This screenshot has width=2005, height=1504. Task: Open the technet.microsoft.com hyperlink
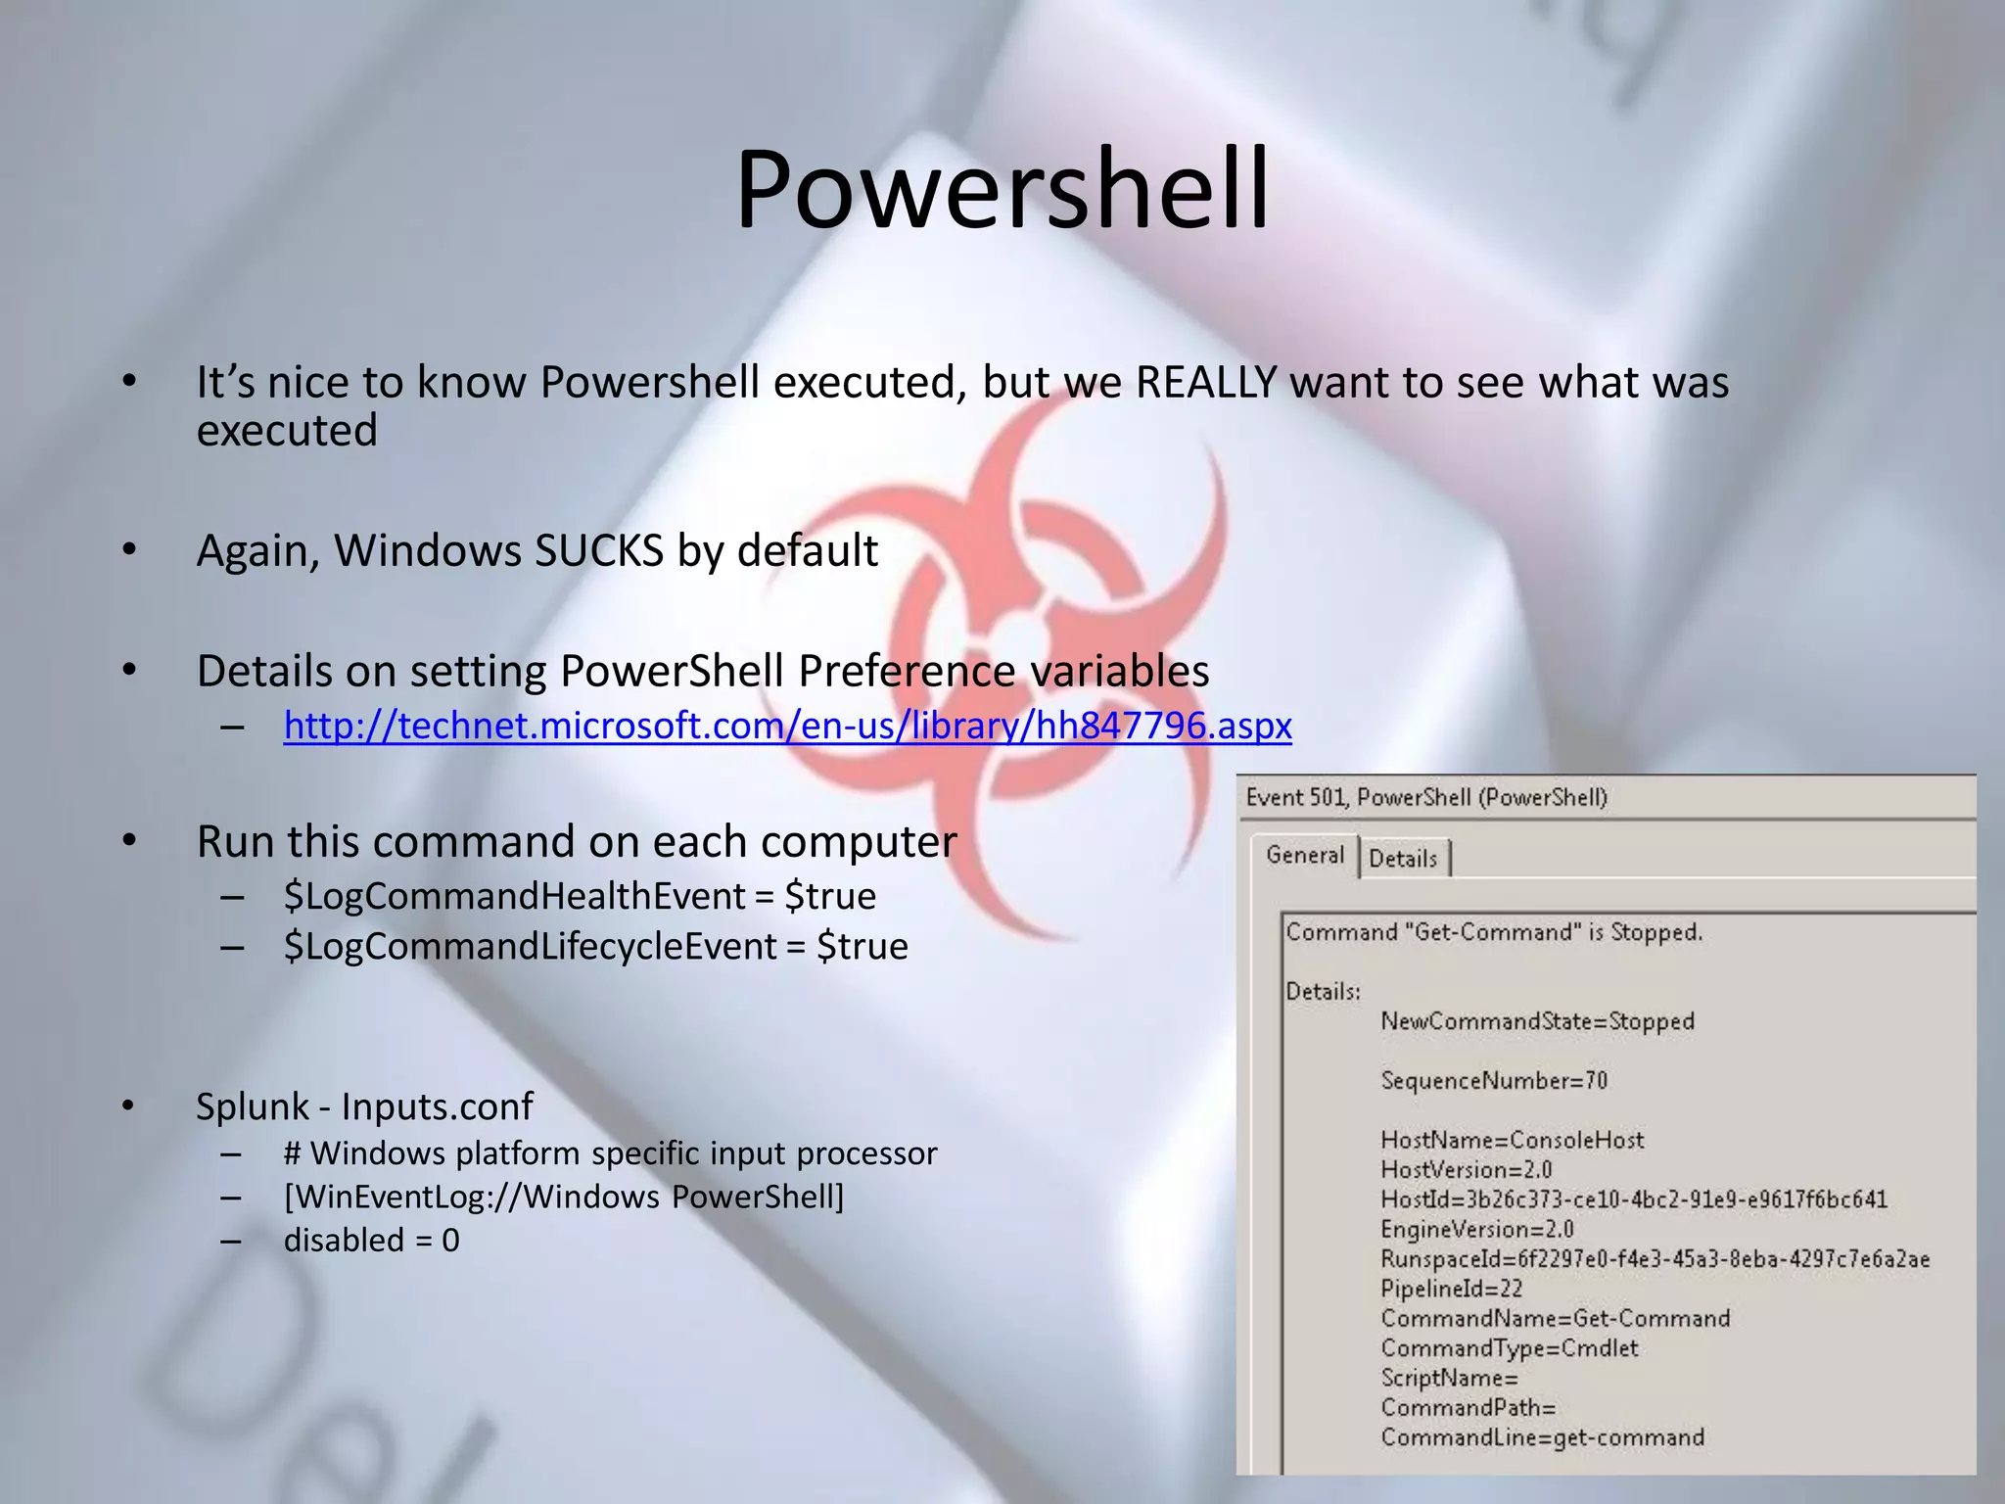(787, 726)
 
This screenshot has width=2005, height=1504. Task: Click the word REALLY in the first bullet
(1206, 382)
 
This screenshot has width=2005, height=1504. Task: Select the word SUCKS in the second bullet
(598, 550)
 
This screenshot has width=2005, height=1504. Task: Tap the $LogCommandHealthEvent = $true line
(580, 896)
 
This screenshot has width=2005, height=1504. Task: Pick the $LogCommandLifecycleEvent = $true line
(595, 946)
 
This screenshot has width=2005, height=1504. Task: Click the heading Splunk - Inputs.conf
(364, 1106)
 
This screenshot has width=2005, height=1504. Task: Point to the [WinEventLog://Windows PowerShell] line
(563, 1197)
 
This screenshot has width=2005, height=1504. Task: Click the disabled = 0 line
(371, 1240)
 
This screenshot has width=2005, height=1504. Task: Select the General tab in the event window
(1304, 855)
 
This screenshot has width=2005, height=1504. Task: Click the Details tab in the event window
(1402, 859)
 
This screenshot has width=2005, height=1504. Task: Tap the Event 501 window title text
(1425, 797)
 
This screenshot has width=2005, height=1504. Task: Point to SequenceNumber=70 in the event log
(1494, 1081)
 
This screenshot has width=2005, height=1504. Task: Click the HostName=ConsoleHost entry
(1512, 1140)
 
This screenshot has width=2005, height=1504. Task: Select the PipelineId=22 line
(1451, 1289)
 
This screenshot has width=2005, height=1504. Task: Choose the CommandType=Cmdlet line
(1509, 1348)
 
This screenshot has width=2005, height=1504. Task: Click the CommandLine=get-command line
(1542, 1437)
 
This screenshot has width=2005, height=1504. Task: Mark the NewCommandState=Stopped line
(1537, 1021)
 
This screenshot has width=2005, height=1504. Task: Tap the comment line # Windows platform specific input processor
(610, 1153)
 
